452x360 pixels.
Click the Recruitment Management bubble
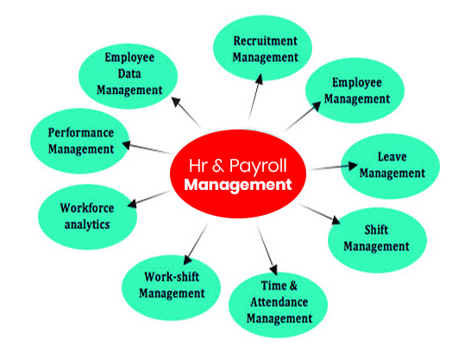pos(262,47)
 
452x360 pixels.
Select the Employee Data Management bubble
pos(129,76)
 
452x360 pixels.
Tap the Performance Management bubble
pos(80,141)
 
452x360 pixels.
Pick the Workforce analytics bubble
pos(87,217)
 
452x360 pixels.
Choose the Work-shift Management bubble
pos(172,287)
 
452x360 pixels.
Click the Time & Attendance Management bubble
pos(278,305)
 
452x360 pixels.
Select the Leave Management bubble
pos(390,166)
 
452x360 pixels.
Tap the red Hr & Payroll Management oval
pos(238,174)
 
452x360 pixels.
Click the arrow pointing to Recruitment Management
pos(255,97)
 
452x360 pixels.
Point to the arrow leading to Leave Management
pos(334,167)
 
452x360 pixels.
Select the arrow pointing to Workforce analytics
pos(149,199)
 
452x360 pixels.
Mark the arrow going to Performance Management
pos(147,148)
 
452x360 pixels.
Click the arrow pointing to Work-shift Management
pos(196,244)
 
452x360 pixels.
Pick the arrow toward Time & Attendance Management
pos(267,251)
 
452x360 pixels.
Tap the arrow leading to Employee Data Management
pos(186,112)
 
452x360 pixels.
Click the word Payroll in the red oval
pos(258,167)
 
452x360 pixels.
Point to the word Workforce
pos(87,208)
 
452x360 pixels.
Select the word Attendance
pos(279,302)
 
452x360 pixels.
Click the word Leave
pos(392,156)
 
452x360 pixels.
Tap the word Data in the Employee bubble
pos(129,73)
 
